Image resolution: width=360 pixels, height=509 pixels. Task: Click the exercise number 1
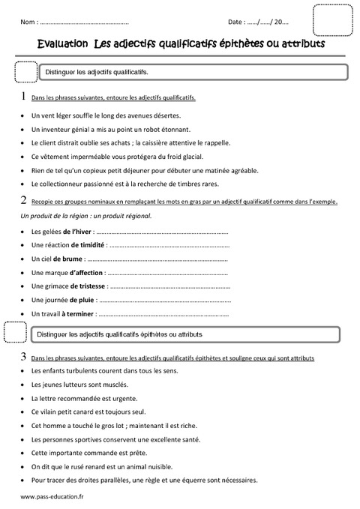tap(25, 97)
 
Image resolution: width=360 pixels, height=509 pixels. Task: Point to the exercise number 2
tap(25, 200)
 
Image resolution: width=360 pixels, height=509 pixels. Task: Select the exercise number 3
tap(25, 357)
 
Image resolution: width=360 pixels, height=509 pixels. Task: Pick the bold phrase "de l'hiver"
tap(78, 232)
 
